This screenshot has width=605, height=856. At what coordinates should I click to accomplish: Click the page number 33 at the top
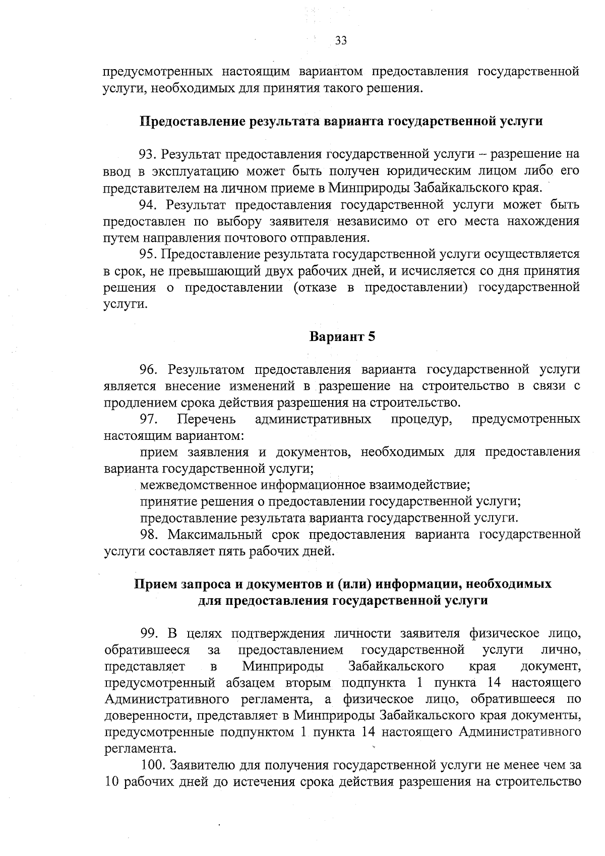341,41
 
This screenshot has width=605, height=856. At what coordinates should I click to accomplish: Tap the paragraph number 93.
149,154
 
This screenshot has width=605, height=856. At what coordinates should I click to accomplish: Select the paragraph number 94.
149,205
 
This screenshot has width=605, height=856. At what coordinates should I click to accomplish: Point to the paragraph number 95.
149,254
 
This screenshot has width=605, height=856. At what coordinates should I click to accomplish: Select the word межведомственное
199,485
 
